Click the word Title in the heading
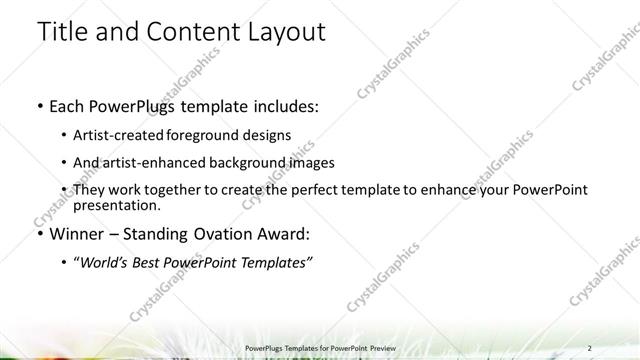62,32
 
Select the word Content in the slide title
191,32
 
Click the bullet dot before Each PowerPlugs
39,105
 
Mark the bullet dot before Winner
39,234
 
